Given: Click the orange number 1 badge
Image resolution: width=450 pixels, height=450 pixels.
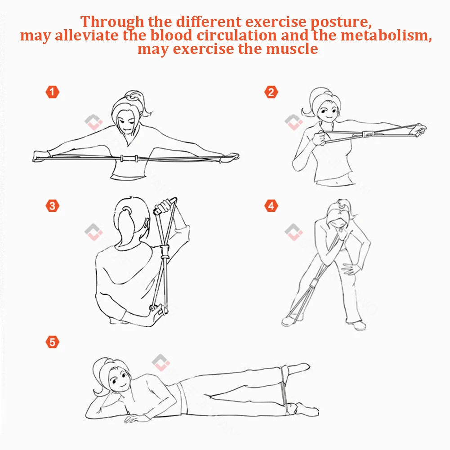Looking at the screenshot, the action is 52,92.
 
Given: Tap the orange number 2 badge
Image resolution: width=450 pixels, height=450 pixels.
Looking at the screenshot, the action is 271,92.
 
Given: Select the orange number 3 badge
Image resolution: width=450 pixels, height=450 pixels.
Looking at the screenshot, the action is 52,206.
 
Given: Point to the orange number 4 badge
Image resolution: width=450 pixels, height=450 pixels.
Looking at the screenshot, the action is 271,206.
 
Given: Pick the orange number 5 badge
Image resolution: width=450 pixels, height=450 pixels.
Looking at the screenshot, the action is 52,342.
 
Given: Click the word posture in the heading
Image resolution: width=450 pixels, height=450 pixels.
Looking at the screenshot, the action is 341,22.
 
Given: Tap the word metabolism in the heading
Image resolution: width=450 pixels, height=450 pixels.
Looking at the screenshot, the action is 386,36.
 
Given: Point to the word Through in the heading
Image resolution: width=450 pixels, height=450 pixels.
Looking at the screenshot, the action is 112,22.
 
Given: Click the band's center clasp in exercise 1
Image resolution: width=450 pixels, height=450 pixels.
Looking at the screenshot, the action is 129,158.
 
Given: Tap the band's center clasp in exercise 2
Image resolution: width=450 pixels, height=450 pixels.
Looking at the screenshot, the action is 368,134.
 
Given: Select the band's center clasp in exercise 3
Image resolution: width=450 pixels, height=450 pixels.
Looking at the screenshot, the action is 165,251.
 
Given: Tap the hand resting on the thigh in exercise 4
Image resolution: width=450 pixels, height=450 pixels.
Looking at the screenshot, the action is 351,269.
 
